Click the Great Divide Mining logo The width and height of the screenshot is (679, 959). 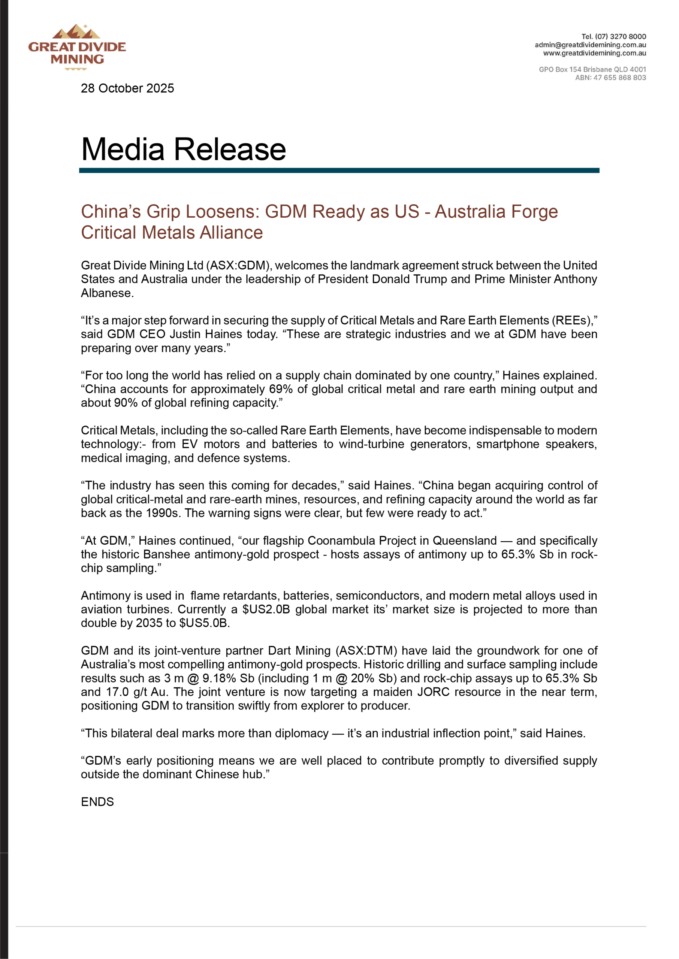coord(77,47)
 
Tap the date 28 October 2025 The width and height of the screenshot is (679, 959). coord(127,88)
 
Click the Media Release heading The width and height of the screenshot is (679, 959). coord(183,149)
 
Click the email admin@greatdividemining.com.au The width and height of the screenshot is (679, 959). coord(590,45)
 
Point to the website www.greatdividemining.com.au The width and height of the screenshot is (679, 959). coord(594,53)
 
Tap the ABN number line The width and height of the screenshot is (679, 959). coord(610,78)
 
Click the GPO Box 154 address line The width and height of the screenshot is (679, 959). coord(592,69)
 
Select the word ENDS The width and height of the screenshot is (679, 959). coord(97,802)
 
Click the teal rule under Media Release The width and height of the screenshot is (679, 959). coord(339,170)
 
